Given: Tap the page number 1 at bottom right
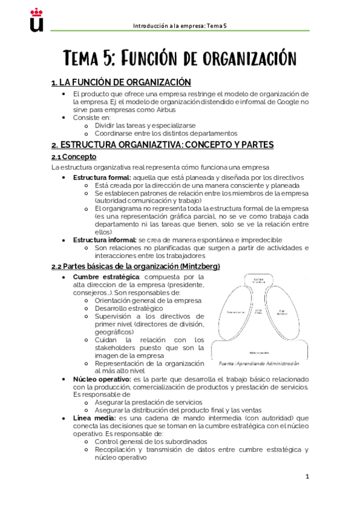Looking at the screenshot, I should pyautogui.click(x=307, y=477).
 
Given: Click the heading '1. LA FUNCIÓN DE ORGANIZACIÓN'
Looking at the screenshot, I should pyautogui.click(x=121, y=82).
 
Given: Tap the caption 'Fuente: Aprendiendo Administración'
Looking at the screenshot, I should pyautogui.click(x=258, y=364).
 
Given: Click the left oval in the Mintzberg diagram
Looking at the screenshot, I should pyautogui.click(x=235, y=314).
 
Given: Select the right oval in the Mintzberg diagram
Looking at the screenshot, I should pyautogui.click(x=281, y=314).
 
